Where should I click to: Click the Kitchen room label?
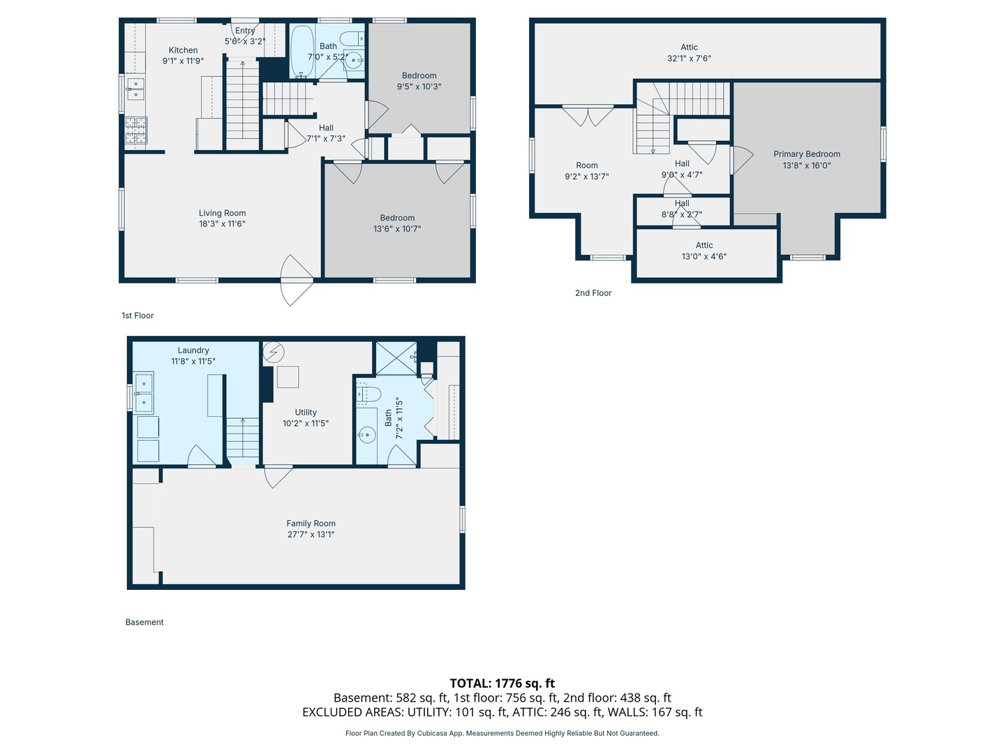coord(183,50)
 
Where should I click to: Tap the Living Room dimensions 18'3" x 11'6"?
coord(222,224)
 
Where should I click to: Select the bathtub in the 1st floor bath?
coord(302,51)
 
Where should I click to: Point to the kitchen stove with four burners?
coord(136,131)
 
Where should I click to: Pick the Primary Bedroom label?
coord(806,154)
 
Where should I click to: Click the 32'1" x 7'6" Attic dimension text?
coord(689,58)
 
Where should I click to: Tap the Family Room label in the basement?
coord(311,524)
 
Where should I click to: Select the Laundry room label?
coord(193,350)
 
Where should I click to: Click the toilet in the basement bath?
coord(368,393)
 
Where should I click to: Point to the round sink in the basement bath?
coord(366,435)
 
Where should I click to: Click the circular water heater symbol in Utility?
coord(274,353)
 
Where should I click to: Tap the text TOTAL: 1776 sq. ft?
coord(502,683)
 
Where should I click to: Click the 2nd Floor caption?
coord(593,293)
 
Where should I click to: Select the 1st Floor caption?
coord(137,316)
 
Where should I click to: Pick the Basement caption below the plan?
coord(144,622)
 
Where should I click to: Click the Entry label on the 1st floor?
coord(245,31)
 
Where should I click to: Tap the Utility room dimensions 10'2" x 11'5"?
coord(306,424)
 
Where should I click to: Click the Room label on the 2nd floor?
coord(586,165)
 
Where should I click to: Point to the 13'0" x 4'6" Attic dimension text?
coord(703,256)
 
